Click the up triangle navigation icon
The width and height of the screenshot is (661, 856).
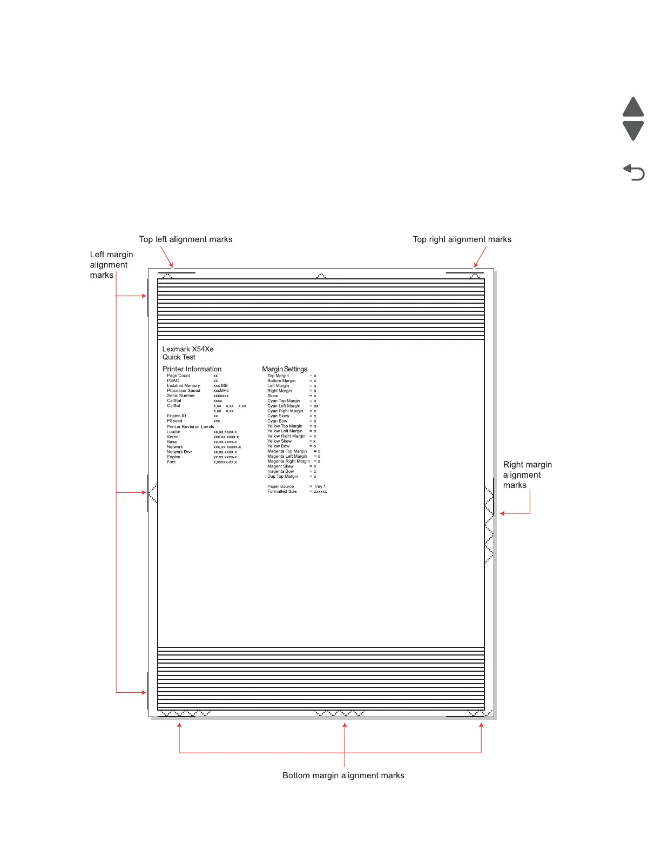633,108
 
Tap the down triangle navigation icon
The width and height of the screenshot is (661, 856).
633,130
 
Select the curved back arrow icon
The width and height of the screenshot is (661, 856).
634,172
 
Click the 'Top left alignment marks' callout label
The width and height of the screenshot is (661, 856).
186,239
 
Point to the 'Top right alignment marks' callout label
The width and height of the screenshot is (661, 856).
462,239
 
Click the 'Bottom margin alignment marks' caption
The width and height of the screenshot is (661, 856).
343,775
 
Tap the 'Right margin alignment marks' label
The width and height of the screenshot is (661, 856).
527,475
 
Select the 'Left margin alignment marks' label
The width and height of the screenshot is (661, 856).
111,265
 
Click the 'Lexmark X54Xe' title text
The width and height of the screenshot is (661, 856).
188,349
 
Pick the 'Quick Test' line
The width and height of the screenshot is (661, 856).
179,357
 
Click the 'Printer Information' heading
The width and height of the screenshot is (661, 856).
192,369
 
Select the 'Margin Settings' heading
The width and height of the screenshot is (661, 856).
285,369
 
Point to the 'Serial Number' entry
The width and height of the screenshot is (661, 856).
181,396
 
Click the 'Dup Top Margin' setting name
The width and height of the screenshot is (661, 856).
282,477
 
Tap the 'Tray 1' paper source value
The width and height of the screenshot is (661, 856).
320,486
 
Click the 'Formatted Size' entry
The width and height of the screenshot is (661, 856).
282,491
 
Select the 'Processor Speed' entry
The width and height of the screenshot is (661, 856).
184,391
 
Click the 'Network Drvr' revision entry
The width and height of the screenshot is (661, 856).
179,452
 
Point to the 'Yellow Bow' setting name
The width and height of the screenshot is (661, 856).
278,446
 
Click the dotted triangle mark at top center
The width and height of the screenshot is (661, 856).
321,276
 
